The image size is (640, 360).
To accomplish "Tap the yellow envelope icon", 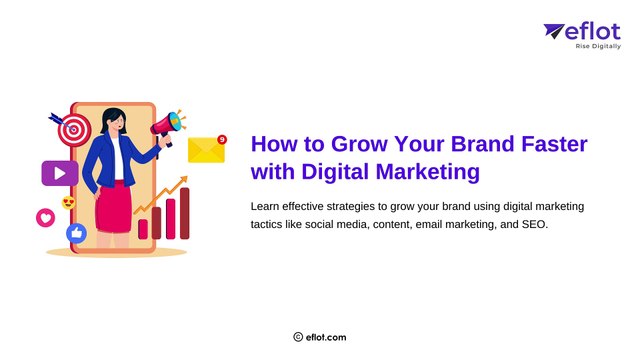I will tap(206, 150).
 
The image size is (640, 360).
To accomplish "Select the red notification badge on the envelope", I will tap(221, 139).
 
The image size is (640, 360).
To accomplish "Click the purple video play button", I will tap(60, 173).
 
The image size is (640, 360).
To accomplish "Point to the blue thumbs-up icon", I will tap(76, 232).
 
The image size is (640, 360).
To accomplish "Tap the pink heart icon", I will tap(45, 217).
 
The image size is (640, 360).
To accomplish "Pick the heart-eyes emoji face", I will tap(69, 203).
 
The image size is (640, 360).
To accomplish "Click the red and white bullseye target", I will tap(72, 129).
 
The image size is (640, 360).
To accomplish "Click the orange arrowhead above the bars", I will tap(183, 181).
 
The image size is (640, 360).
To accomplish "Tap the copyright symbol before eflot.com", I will tap(298, 337).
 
